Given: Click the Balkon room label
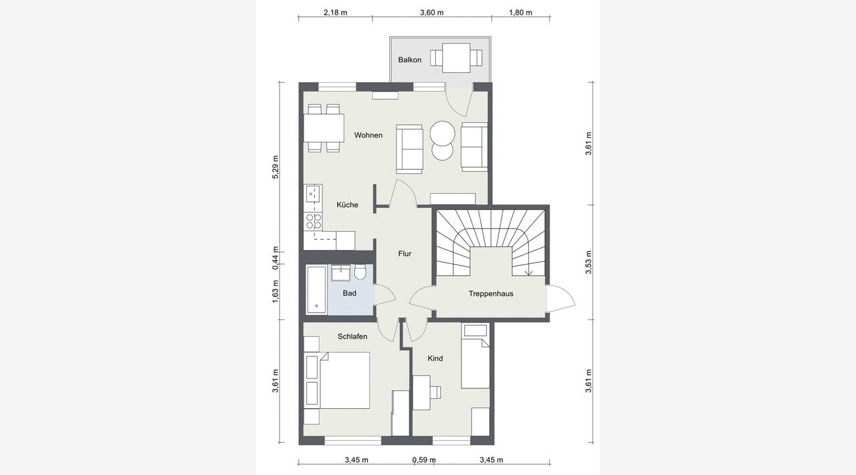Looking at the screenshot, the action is tap(410, 60).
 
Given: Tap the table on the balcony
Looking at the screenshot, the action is tap(456, 57).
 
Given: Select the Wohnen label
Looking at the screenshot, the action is tap(368, 135).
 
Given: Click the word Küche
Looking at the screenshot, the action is tap(347, 204).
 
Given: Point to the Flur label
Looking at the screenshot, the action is tap(405, 254).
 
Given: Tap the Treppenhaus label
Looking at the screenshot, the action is tap(491, 294).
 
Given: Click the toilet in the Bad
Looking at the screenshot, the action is tap(360, 273).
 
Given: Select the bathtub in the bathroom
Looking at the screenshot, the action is tap(316, 290).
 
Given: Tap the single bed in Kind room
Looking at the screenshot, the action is tap(475, 356).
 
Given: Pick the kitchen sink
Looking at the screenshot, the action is tap(313, 194).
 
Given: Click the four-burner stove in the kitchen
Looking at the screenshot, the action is tap(313, 221).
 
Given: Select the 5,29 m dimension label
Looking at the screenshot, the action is tap(275, 167).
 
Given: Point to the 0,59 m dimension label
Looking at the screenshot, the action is tap(424, 460).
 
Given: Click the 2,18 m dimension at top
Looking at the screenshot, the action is tap(336, 13).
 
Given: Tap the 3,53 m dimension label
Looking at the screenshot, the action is tap(588, 263).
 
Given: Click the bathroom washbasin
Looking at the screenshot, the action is tap(340, 273).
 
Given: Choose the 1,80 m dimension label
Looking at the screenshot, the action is tap(520, 13).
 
